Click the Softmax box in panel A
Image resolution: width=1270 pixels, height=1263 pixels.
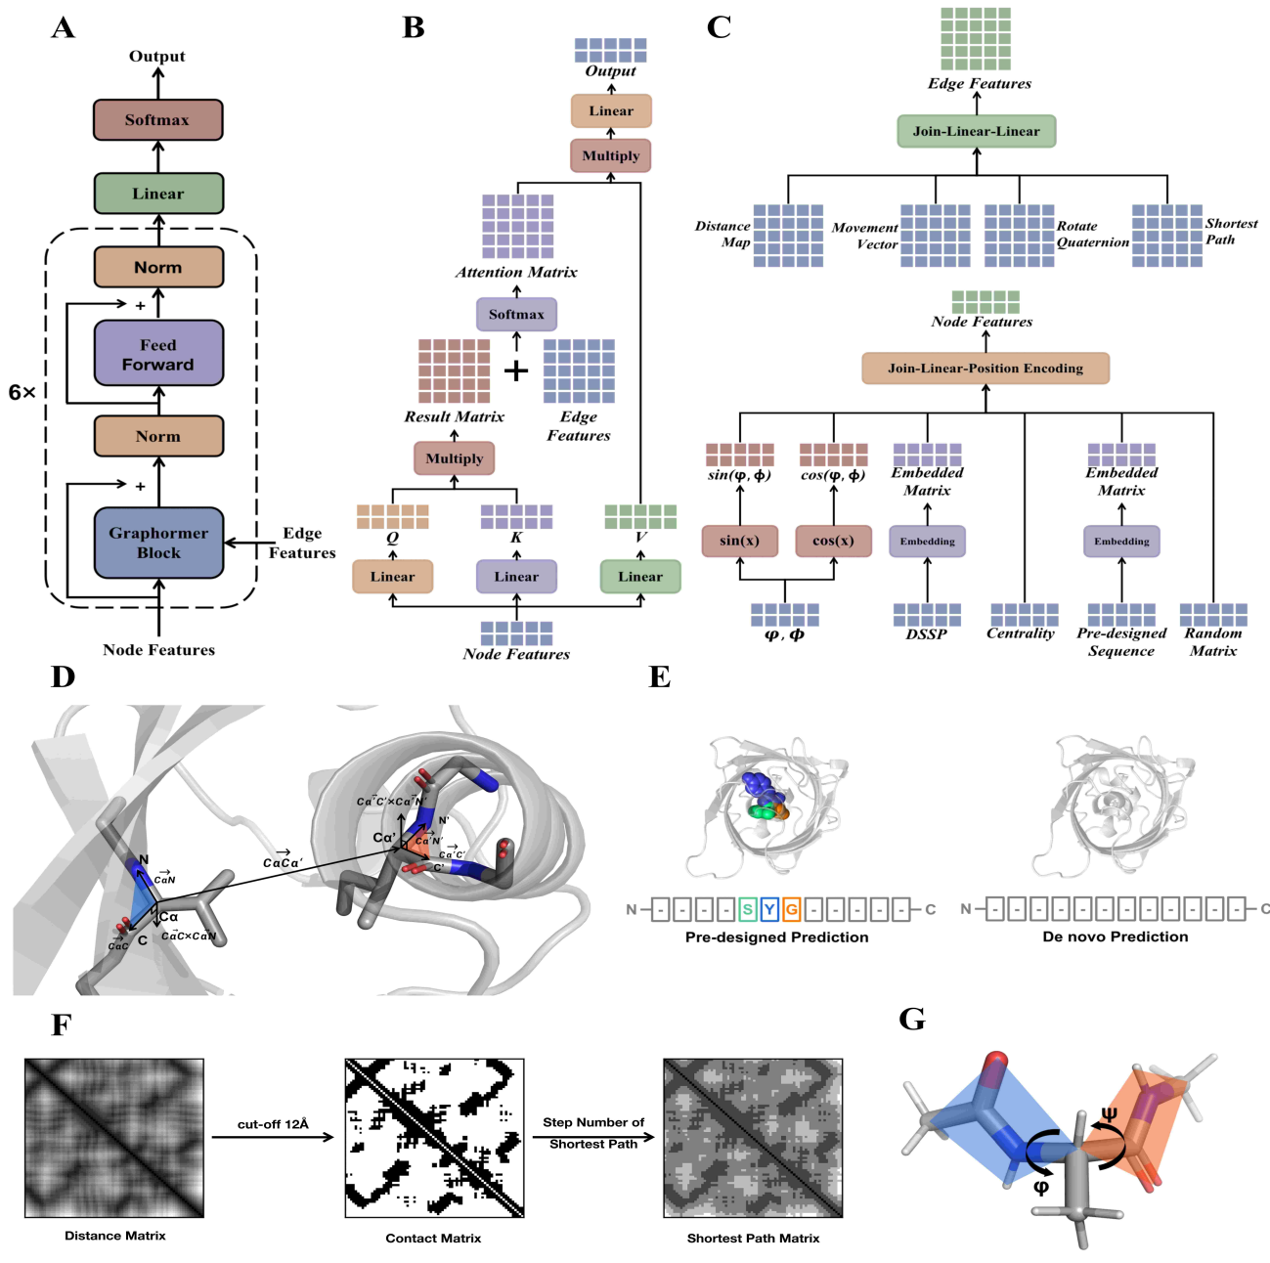point(157,120)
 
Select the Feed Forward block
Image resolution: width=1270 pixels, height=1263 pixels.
point(158,354)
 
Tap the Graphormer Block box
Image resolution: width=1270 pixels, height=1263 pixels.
point(158,543)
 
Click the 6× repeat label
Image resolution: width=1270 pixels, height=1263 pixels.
point(22,393)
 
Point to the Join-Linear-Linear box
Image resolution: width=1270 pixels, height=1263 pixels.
point(976,131)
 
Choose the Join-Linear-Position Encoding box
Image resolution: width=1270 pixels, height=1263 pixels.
point(985,369)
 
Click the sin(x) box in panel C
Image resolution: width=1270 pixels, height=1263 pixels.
point(739,541)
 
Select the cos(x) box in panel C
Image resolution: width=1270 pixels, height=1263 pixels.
point(833,541)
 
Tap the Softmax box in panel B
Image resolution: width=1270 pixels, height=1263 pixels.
point(516,315)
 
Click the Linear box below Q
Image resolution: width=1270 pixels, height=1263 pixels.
point(392,577)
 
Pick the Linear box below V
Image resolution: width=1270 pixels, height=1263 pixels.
point(640,577)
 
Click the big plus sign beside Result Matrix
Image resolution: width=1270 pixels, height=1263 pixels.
point(515,370)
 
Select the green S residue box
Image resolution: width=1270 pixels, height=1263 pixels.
point(748,910)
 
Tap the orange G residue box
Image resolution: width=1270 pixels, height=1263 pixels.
point(791,910)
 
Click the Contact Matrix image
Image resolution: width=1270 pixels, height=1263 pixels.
point(434,1138)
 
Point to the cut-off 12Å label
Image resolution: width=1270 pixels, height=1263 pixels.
point(273,1124)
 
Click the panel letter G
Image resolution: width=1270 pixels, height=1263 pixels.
point(911,1020)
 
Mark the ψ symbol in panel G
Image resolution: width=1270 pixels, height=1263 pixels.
point(1109,1113)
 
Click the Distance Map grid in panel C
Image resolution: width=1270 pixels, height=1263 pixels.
point(788,236)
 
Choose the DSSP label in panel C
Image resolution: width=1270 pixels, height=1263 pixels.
point(926,633)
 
